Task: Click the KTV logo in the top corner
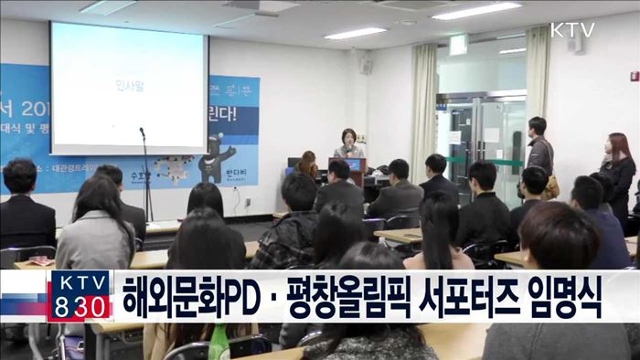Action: pyautogui.click(x=571, y=29)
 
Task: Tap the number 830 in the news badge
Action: pyautogui.click(x=80, y=309)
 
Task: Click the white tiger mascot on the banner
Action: pyautogui.click(x=173, y=166)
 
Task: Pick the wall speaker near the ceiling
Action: pyautogui.click(x=366, y=65)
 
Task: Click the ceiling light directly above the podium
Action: pyautogui.click(x=355, y=34)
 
